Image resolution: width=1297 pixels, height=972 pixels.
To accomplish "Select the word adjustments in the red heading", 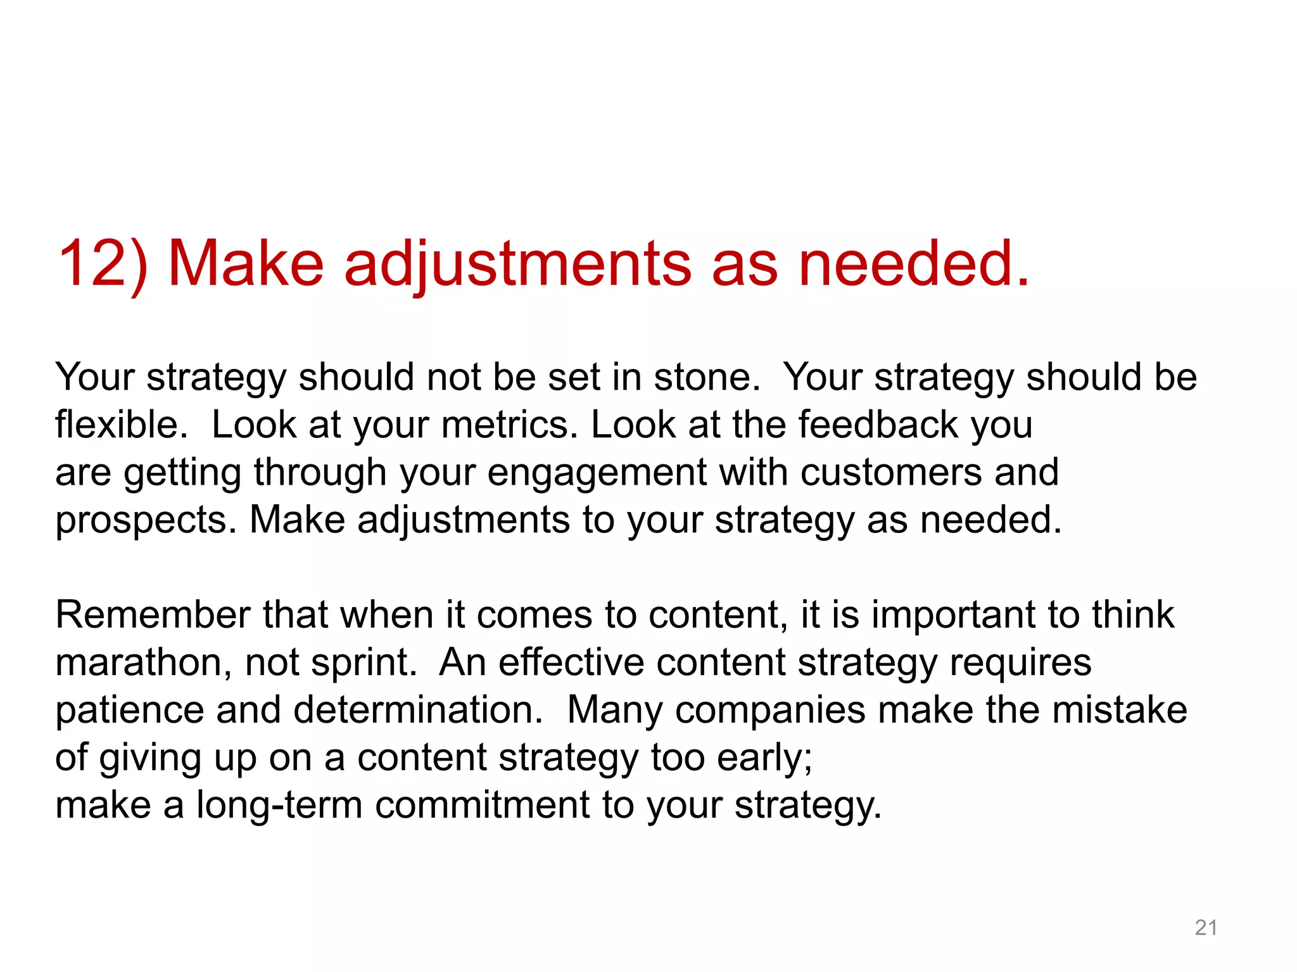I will pos(517,265).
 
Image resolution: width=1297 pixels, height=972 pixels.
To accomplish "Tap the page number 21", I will pos(1206,928).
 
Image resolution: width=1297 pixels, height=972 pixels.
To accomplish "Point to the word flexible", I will pos(120,425).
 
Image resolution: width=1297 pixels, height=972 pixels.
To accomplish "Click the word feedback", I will pos(878,425).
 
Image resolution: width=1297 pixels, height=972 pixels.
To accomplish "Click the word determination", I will pos(418,710).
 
